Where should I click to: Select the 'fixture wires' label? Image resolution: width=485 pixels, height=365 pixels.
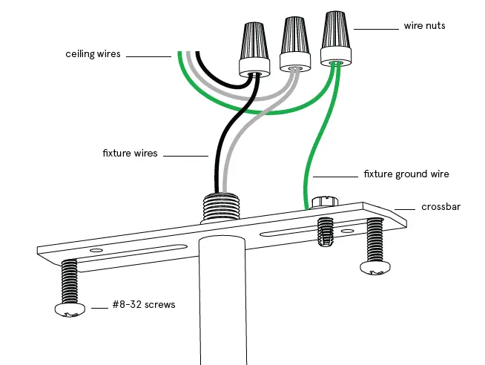click(130, 154)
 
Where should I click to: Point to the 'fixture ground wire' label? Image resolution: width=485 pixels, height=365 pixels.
click(406, 174)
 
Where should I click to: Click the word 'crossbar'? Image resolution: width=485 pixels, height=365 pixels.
click(441, 207)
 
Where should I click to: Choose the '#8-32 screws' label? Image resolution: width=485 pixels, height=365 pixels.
click(144, 304)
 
